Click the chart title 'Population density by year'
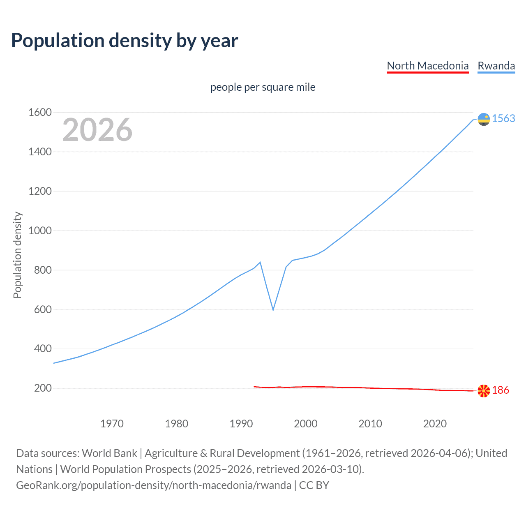point(125,41)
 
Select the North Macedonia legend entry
point(427,66)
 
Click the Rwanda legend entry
point(496,66)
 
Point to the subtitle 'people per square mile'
point(263,88)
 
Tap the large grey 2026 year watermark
point(97,130)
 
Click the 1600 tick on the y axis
point(40,113)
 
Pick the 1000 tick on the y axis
point(40,231)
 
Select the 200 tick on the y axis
point(43,388)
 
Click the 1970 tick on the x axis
point(112,424)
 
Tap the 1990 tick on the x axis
point(241,424)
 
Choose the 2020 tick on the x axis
point(435,424)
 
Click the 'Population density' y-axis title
point(17,255)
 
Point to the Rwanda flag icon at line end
point(484,119)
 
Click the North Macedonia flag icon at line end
point(484,390)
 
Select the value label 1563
point(503,119)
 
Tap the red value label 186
point(501,390)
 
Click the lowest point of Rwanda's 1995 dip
point(273,310)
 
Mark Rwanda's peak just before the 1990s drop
point(260,262)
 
